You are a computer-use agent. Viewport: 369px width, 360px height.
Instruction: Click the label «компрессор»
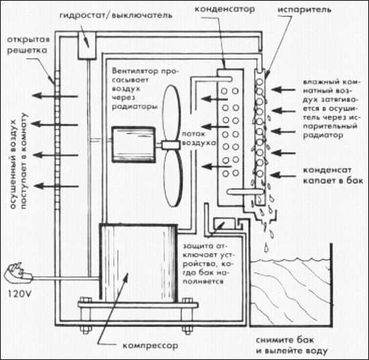pyautogui.click(x=150, y=346)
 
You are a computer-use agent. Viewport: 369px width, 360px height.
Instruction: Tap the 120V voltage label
pyautogui.click(x=19, y=294)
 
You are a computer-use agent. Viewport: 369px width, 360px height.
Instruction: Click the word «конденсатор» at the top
pyautogui.click(x=225, y=9)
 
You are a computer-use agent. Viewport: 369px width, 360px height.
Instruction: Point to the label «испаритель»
pyautogui.click(x=305, y=10)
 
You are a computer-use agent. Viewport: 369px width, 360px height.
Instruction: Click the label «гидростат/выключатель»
pyautogui.click(x=116, y=15)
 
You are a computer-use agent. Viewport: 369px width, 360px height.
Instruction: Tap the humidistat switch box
pyautogui.click(x=87, y=46)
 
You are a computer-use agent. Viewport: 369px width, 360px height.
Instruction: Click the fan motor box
pyautogui.click(x=134, y=144)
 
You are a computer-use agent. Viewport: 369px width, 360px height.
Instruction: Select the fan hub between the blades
pyautogui.click(x=170, y=144)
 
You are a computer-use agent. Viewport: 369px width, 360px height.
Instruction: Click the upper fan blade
pyautogui.click(x=172, y=113)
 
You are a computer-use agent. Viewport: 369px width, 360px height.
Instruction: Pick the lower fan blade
pyautogui.click(x=173, y=178)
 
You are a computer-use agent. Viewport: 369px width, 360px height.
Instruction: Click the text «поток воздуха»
pyautogui.click(x=199, y=138)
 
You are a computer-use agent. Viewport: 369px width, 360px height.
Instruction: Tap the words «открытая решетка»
pyautogui.click(x=28, y=45)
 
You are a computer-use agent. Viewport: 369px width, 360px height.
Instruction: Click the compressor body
pyautogui.click(x=138, y=263)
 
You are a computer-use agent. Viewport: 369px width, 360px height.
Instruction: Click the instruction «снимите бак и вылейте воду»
pyautogui.click(x=292, y=345)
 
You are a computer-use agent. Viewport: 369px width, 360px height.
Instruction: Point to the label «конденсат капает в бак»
pyautogui.click(x=333, y=175)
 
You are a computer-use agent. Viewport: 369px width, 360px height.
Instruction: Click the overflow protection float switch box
pyautogui.click(x=224, y=223)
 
